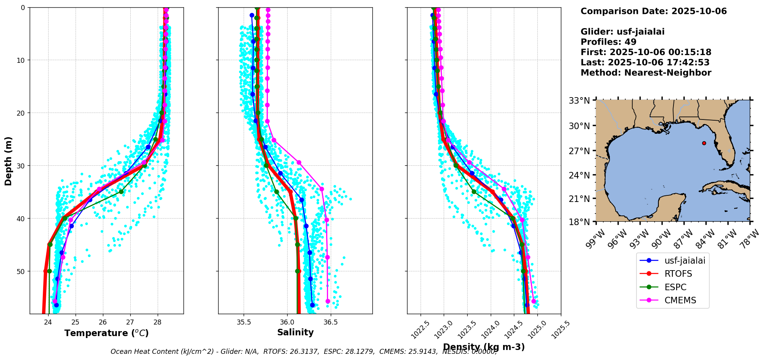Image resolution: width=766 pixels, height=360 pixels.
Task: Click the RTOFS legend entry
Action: [678, 274]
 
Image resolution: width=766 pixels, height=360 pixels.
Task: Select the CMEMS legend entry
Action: [680, 300]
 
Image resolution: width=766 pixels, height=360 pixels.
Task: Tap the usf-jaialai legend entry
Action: [685, 261]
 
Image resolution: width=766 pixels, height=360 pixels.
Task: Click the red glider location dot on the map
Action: [704, 143]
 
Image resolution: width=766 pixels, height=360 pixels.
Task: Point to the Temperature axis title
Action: [106, 333]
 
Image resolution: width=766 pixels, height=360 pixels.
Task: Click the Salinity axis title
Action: [295, 332]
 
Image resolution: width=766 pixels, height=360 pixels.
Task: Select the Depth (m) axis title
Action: [8, 161]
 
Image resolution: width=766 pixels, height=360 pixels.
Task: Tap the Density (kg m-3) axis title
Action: [484, 347]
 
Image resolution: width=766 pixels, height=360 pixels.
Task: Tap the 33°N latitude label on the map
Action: [579, 101]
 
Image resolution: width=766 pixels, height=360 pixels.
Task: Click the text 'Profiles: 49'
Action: [608, 42]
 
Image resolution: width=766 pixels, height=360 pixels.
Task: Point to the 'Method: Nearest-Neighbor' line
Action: [646, 73]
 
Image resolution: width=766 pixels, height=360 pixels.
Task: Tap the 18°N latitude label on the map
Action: [579, 222]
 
